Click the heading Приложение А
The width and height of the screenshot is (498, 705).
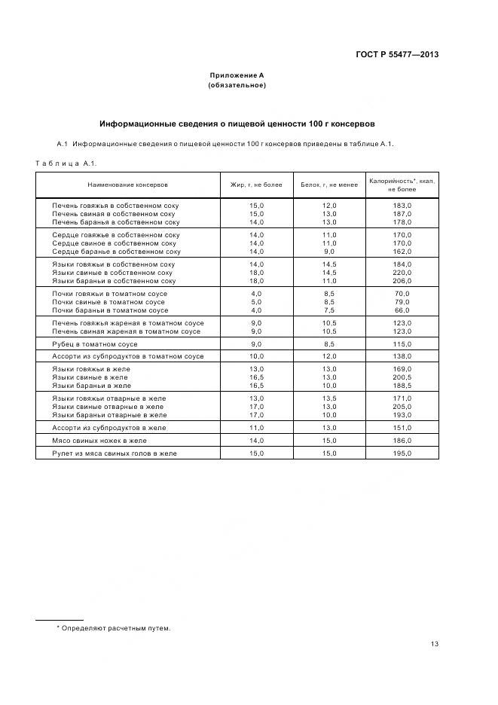[237, 75]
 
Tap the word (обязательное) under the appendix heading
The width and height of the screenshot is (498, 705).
[237, 84]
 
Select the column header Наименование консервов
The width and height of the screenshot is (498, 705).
[127, 184]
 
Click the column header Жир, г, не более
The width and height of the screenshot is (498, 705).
[256, 184]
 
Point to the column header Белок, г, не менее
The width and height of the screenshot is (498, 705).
[328, 184]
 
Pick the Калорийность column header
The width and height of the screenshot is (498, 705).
[402, 184]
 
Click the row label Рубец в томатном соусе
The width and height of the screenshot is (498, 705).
[94, 343]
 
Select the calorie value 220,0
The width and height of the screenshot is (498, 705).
[402, 273]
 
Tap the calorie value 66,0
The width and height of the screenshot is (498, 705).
[402, 310]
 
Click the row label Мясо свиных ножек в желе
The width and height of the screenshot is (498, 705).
[99, 440]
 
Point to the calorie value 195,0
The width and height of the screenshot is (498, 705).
[402, 453]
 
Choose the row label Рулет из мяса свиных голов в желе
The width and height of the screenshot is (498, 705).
[114, 453]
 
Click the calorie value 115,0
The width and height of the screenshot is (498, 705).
[402, 343]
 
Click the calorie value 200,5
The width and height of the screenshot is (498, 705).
[402, 377]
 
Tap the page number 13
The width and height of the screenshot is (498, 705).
[435, 643]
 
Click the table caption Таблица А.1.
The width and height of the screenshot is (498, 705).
[66, 163]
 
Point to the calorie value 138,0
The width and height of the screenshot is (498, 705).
[402, 356]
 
